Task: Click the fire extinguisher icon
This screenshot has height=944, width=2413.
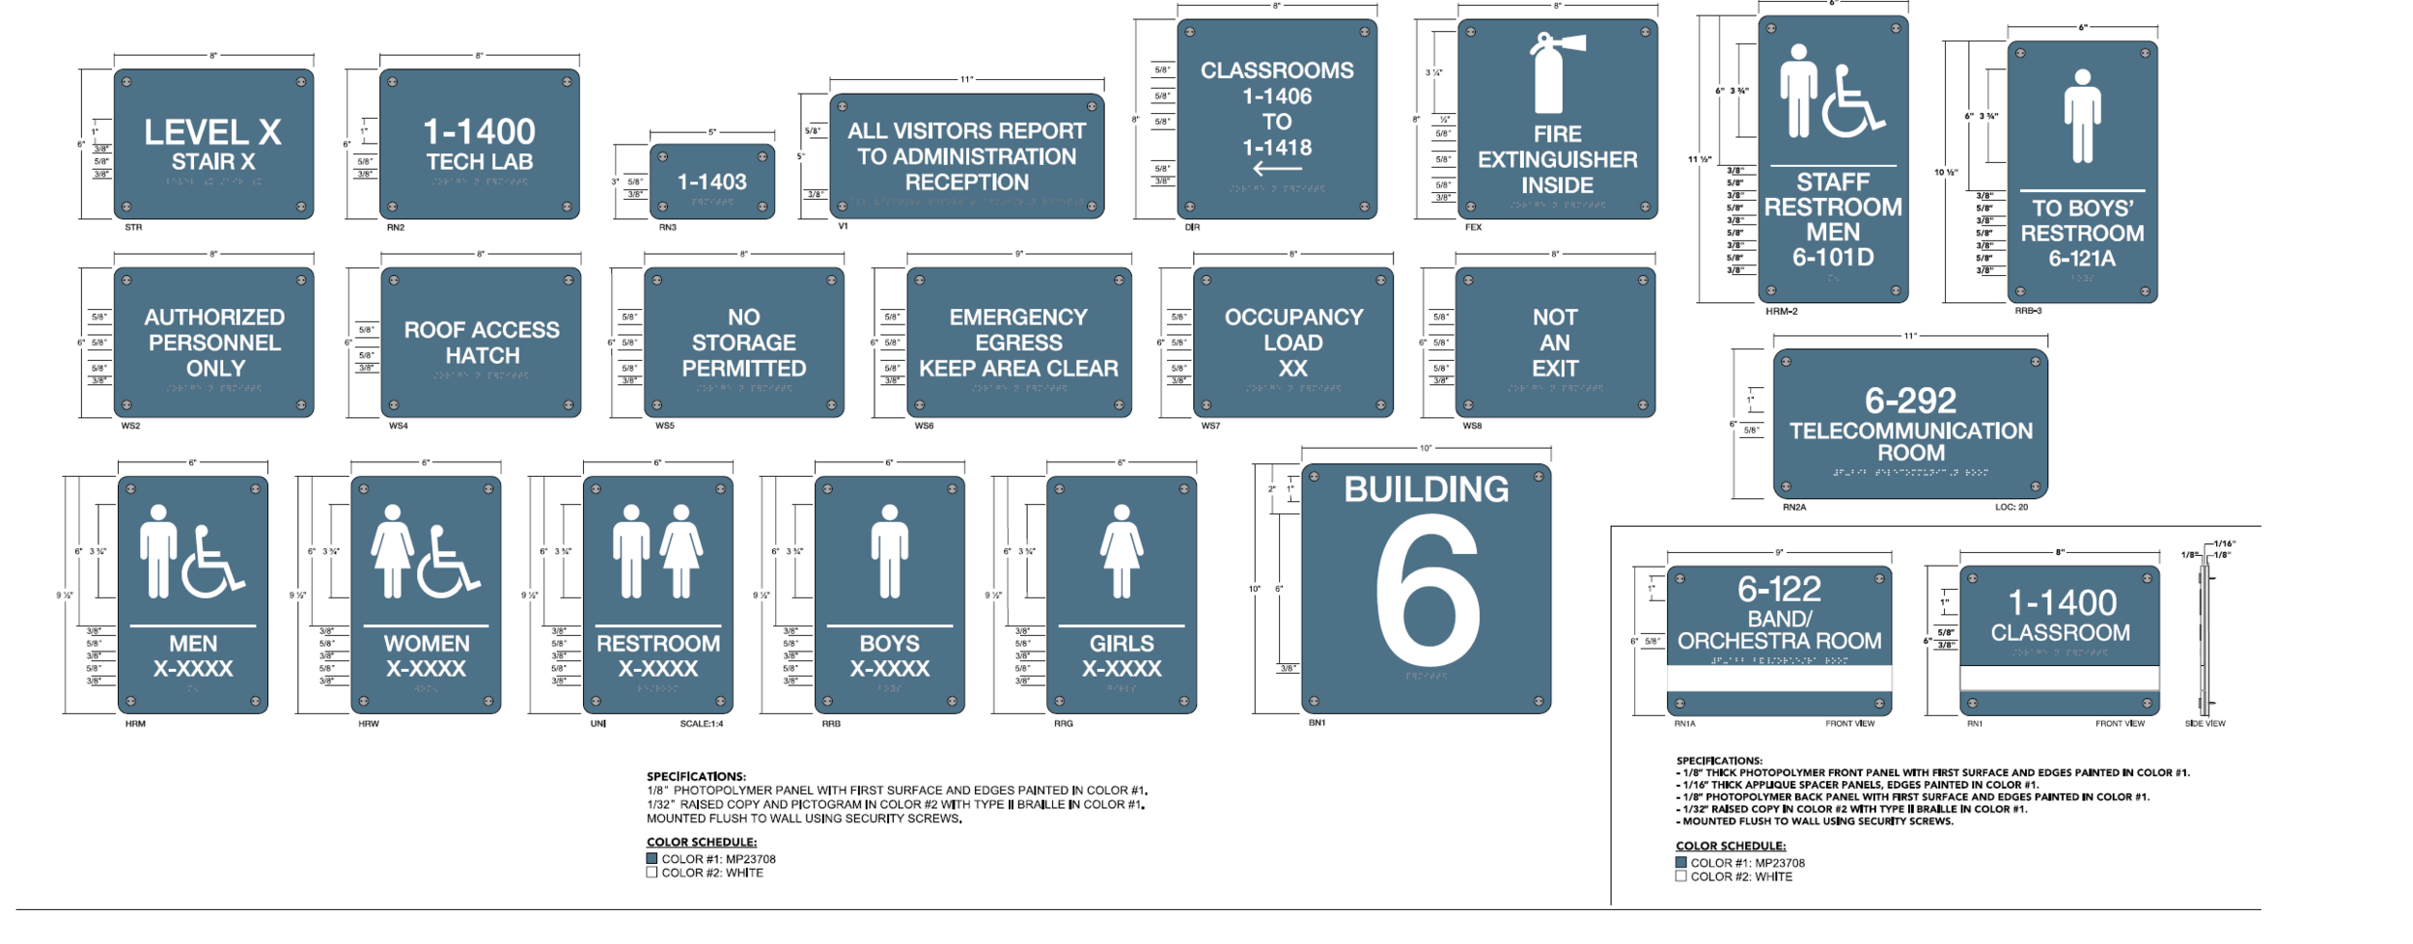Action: pos(1550,73)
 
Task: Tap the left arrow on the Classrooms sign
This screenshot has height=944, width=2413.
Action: pos(1276,170)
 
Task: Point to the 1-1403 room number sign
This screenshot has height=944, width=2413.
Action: pos(711,181)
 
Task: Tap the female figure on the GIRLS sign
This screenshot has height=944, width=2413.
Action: pos(1121,550)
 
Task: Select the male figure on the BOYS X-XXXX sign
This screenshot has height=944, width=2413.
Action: pos(889,550)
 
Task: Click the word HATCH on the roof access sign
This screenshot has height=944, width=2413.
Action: pos(483,355)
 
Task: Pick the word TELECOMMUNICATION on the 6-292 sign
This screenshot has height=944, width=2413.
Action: pos(1910,430)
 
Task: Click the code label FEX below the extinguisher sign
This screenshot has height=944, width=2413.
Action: pos(1473,228)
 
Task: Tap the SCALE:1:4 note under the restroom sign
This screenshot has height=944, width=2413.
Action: pos(701,724)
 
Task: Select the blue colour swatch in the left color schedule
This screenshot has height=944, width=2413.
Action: pos(652,858)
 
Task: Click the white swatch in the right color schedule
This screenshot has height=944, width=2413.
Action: pos(1681,876)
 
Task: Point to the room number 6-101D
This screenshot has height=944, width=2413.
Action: pos(1832,258)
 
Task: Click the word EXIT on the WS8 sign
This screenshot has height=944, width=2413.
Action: pos(1554,369)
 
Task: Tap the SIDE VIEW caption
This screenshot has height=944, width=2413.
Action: pos(2205,724)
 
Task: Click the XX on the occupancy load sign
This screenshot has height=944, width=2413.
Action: pos(1292,369)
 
